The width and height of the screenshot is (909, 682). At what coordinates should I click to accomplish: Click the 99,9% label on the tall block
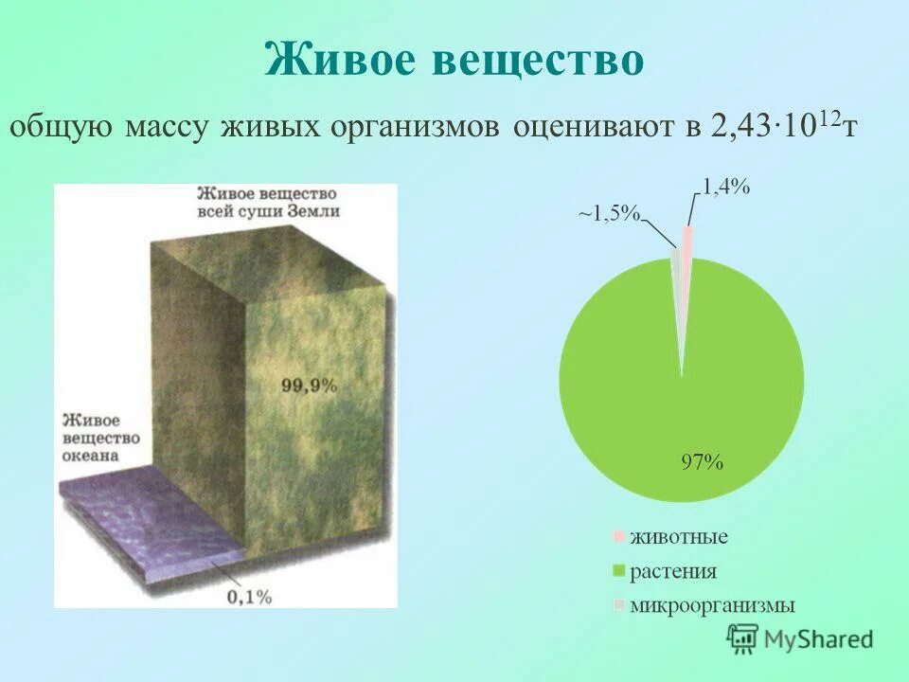309,386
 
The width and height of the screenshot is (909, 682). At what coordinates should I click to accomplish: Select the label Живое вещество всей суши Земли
268,203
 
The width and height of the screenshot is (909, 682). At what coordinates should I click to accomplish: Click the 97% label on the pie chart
703,463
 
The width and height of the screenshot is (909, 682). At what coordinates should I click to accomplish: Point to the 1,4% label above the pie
725,187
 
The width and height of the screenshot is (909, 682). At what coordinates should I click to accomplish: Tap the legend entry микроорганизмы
711,605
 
